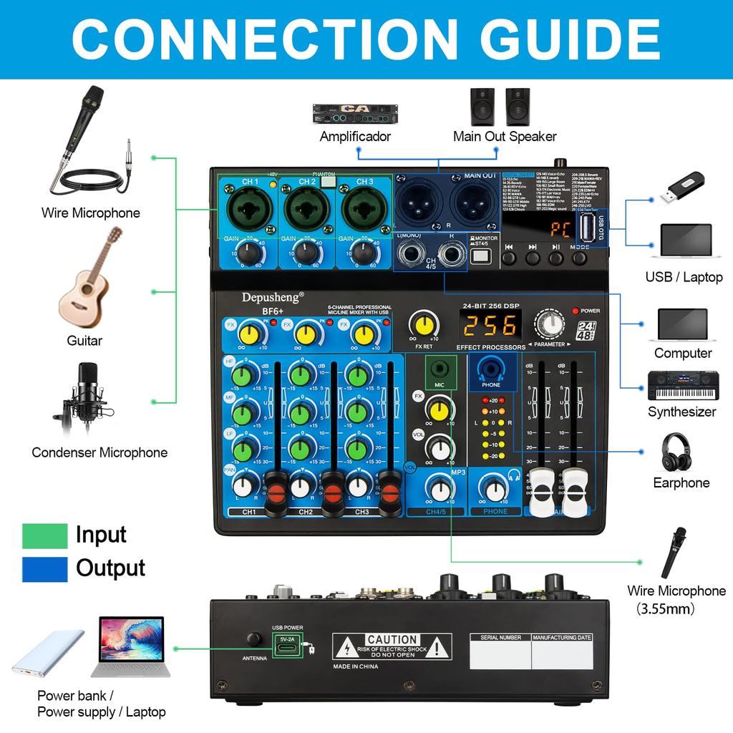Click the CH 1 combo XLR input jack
(x=250, y=210)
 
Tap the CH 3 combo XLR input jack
(x=364, y=210)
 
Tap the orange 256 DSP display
(x=490, y=326)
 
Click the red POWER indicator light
(x=575, y=311)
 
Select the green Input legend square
(x=44, y=535)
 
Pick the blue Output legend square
(x=44, y=568)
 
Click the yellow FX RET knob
(x=423, y=324)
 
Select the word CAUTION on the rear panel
(x=392, y=639)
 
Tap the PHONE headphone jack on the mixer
(x=491, y=370)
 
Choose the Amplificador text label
(x=355, y=136)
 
